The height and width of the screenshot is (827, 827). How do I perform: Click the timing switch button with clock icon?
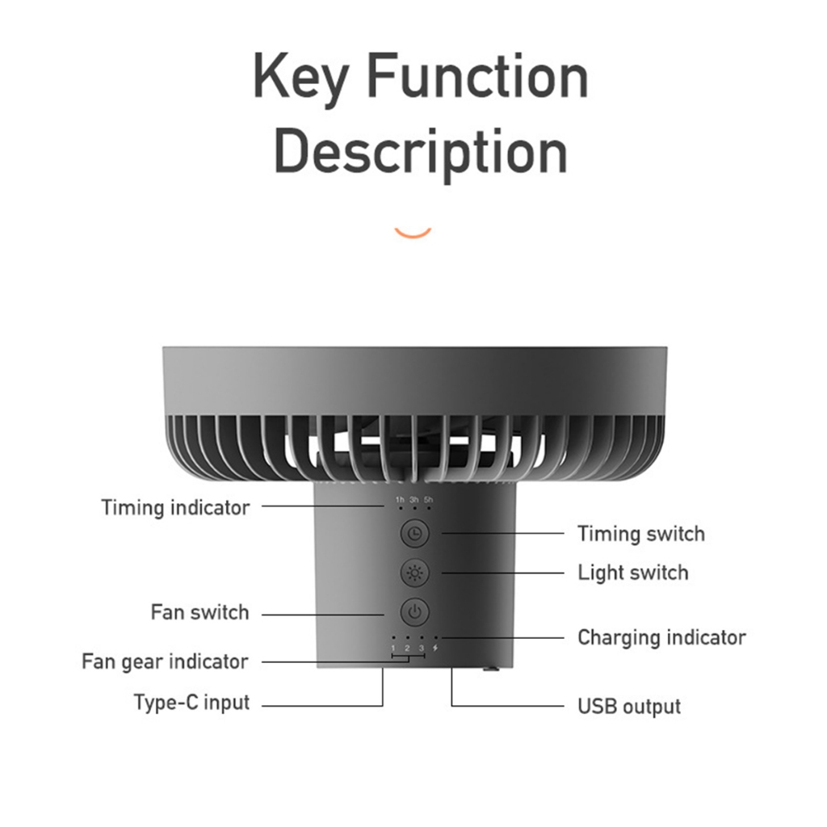coord(415,533)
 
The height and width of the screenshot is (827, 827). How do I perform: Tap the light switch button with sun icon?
coord(415,573)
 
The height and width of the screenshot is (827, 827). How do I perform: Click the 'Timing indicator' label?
coord(175,507)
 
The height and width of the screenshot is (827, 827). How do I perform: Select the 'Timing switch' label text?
coord(641,534)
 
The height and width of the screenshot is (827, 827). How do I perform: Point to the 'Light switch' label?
coord(633,573)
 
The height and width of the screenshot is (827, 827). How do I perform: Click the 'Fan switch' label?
coord(200,612)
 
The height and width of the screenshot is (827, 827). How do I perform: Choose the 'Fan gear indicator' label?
coord(165,662)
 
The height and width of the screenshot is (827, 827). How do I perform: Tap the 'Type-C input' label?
coord(191,703)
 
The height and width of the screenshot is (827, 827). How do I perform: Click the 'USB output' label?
coord(629,707)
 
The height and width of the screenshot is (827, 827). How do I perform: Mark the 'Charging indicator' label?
coord(662,638)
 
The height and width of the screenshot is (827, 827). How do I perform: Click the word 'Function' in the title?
coord(477,77)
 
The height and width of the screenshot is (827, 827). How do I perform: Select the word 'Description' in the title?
coord(421,153)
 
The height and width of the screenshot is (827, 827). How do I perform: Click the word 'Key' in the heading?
coord(300,79)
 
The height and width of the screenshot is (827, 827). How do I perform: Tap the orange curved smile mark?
coord(413,233)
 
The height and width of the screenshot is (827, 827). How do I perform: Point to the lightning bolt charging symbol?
coord(435,649)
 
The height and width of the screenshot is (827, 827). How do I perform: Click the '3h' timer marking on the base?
coord(414,499)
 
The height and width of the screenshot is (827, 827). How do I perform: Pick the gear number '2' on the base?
coord(407,649)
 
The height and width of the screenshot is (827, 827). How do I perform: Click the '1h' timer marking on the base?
coord(401,499)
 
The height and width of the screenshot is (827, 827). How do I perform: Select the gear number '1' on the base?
coord(393,649)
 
